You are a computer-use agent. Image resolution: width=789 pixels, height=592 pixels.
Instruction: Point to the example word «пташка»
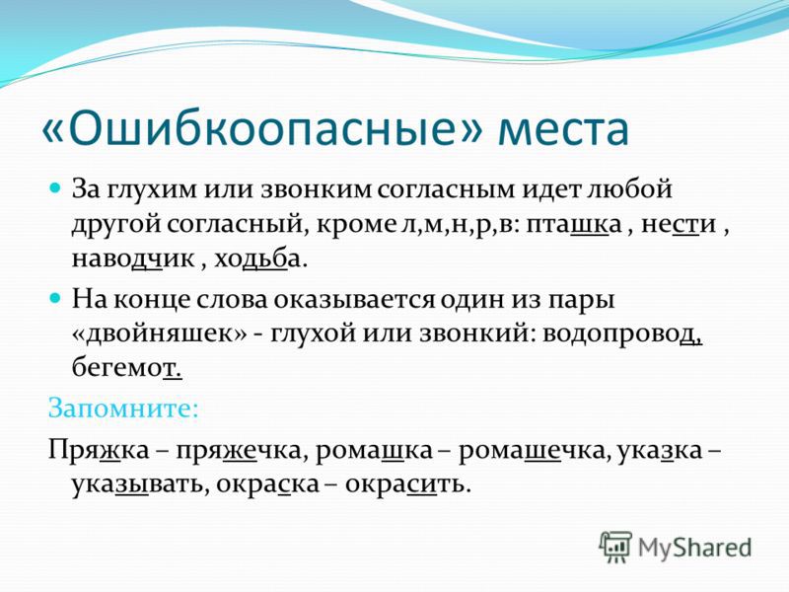pyautogui.click(x=574, y=225)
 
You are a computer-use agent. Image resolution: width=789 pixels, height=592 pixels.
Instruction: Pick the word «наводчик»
pyautogui.click(x=133, y=259)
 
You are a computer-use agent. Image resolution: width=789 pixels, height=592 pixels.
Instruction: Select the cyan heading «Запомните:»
pyautogui.click(x=123, y=408)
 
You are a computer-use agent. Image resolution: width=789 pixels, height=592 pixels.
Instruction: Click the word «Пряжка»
pyautogui.click(x=99, y=450)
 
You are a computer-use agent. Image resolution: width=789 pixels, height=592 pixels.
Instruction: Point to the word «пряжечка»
pyautogui.click(x=238, y=451)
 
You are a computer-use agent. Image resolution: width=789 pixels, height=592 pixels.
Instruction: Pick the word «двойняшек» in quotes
pyautogui.click(x=160, y=334)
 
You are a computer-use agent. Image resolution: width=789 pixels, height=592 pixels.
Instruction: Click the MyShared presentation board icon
pyautogui.click(x=615, y=547)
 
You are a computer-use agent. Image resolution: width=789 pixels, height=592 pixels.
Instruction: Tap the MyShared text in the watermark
pyautogui.click(x=695, y=548)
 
